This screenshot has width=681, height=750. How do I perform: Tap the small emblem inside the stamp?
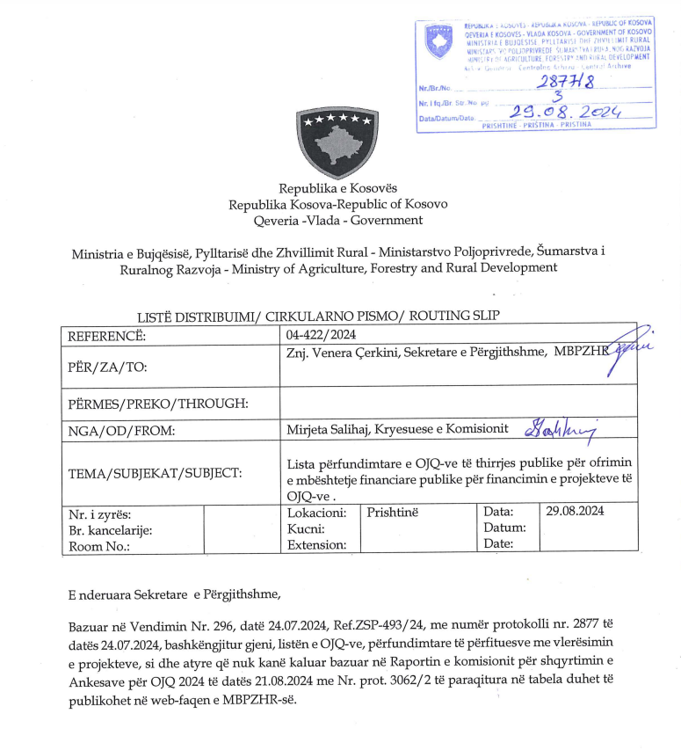438,41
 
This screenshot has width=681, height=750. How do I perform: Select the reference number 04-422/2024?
322,334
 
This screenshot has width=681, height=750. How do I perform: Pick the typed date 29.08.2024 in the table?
575,511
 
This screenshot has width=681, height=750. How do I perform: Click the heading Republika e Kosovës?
338,188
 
